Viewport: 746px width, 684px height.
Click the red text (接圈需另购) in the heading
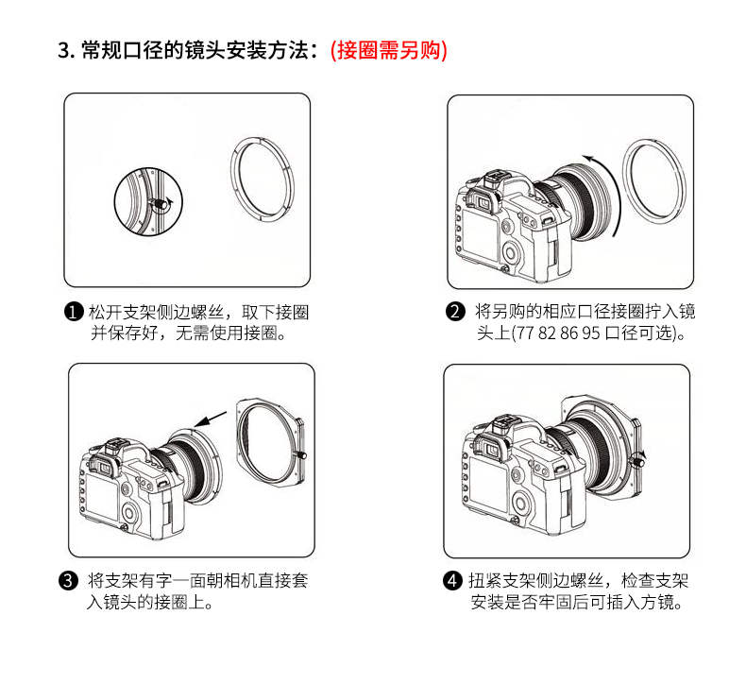[x=389, y=50]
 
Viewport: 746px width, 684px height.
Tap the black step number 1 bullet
[x=74, y=313]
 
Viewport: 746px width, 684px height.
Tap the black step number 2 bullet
[x=455, y=312]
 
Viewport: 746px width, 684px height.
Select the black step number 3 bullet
[x=69, y=581]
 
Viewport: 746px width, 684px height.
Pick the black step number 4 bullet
[x=452, y=580]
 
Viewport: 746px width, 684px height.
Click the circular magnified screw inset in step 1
[x=148, y=200]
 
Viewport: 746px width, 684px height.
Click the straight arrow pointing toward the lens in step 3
[x=210, y=419]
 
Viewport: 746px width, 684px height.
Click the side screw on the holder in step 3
[x=301, y=455]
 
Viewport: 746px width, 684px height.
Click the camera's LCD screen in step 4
[x=487, y=482]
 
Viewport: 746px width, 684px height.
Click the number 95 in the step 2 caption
[x=590, y=333]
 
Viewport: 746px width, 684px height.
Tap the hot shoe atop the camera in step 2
[x=493, y=180]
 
